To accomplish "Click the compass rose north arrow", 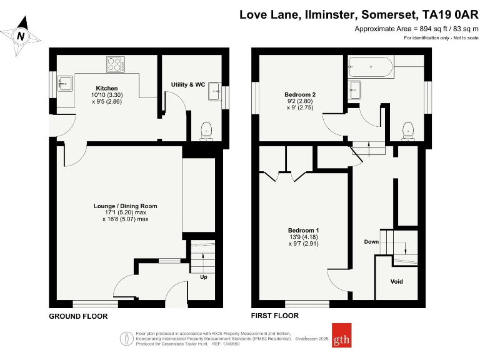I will [x=21, y=36].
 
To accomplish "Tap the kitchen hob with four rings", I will [x=115, y=64].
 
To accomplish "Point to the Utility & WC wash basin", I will [x=216, y=92].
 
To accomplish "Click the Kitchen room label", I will [x=107, y=88].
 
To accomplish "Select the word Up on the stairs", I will [x=203, y=277].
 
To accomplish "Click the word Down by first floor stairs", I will [x=371, y=241].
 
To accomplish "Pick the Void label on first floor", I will [x=396, y=281].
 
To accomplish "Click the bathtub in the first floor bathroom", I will [x=371, y=67].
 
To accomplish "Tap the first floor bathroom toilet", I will [x=409, y=129].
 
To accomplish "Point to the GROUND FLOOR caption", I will [x=78, y=316].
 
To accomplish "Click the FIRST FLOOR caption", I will [x=274, y=316].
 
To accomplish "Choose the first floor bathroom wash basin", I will [x=356, y=89].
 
